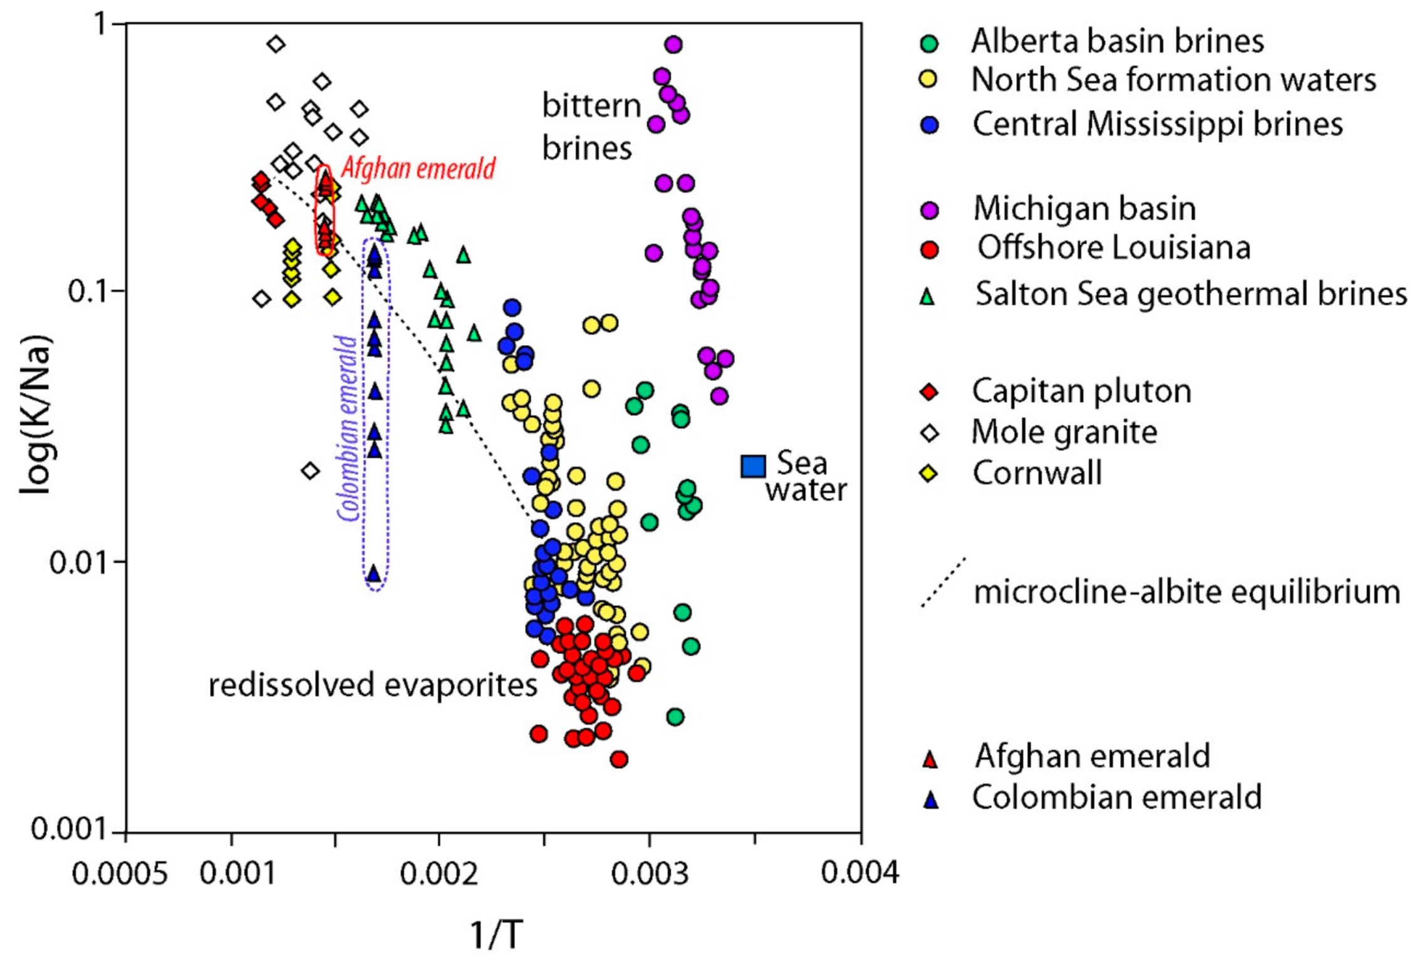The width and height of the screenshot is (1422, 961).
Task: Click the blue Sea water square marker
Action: [x=752, y=466]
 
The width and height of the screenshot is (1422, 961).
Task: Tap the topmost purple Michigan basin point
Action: [x=673, y=44]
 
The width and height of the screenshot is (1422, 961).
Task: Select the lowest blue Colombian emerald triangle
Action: [x=374, y=573]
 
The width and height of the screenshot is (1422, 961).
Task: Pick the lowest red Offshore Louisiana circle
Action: [x=619, y=759]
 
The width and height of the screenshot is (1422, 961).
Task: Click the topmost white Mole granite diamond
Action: [x=276, y=44]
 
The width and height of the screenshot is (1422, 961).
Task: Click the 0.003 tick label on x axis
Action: [x=650, y=873]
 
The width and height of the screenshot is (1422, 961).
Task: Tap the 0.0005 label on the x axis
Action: [x=120, y=873]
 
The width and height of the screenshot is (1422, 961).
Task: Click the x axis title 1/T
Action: [x=496, y=935]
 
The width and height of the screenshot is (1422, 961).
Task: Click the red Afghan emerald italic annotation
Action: [x=418, y=169]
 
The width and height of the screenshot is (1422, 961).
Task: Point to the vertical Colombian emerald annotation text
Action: [x=348, y=429]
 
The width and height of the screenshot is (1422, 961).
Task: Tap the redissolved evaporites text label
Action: [x=373, y=685]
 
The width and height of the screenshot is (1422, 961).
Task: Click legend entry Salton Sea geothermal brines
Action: [x=1190, y=293]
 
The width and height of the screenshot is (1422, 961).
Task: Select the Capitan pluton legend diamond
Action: [x=930, y=392]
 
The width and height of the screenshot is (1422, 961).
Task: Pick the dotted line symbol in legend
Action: [x=943, y=582]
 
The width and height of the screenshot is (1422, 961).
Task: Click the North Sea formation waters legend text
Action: [x=1173, y=80]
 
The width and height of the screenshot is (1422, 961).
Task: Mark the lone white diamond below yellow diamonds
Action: [x=310, y=470]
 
